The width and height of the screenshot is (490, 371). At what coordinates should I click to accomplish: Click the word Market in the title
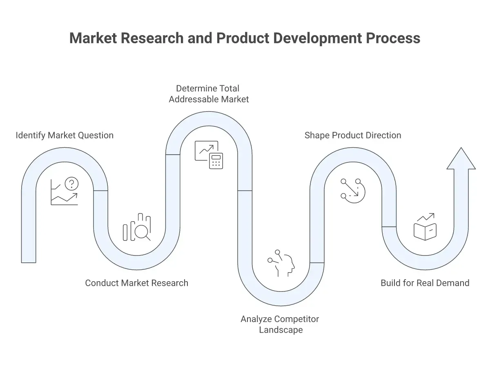coord(93,38)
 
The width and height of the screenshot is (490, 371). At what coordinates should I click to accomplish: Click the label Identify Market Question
coord(65,136)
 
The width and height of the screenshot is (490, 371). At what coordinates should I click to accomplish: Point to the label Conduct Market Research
coord(137,283)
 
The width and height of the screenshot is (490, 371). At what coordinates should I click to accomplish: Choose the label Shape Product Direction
coord(353,136)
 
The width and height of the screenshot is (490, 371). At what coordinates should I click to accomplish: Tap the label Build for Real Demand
coord(425,283)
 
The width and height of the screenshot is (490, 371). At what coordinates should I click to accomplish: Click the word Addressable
coord(193,99)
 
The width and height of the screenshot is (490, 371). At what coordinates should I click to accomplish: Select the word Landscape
coord(281,330)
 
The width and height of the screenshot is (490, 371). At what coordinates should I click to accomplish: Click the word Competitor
coord(297,319)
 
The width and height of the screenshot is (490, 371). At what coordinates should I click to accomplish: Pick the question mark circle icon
coord(71,184)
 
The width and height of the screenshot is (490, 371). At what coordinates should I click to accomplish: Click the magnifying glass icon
coord(142,233)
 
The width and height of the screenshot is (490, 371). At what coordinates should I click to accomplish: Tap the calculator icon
coord(216,161)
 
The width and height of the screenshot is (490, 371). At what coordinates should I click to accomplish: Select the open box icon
coord(425,231)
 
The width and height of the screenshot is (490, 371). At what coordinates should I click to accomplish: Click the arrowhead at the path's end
coord(461,158)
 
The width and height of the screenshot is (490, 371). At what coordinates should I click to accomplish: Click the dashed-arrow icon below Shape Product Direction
coord(353,191)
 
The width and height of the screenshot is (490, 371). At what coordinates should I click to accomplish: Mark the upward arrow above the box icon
coord(426,217)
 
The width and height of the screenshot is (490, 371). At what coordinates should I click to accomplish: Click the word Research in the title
coord(152,38)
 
